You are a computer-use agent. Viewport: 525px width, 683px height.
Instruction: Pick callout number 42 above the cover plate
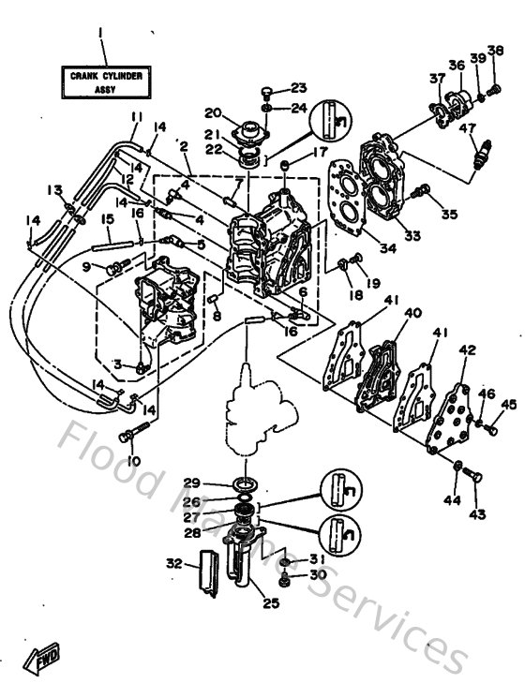(x=466, y=350)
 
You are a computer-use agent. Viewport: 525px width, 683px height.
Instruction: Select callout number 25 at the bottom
(x=271, y=602)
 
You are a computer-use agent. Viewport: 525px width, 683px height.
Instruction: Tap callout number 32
(x=172, y=563)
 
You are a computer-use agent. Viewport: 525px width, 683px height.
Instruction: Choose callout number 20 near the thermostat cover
(x=212, y=111)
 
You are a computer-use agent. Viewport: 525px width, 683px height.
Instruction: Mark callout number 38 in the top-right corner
(x=495, y=51)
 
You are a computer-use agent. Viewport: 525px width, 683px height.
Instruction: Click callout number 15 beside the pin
(x=107, y=218)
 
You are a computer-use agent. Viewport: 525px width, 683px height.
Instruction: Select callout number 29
(x=192, y=483)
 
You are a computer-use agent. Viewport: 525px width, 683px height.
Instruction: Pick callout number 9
(x=86, y=267)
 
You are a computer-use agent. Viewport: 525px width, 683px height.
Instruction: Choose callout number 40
(x=412, y=313)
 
